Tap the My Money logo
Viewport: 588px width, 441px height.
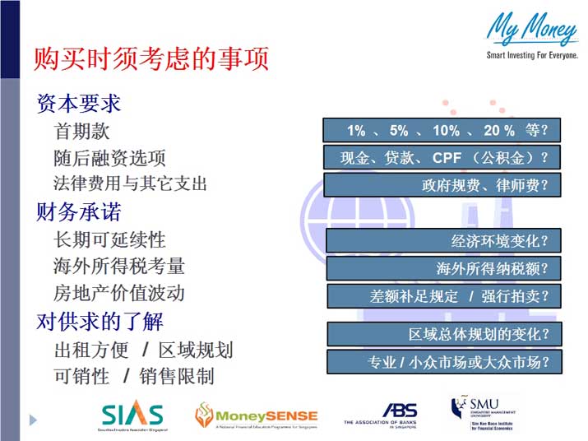tap(531, 36)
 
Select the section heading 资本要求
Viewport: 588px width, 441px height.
tap(79, 104)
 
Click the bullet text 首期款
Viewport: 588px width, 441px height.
tap(81, 131)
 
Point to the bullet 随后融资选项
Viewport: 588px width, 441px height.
tap(109, 157)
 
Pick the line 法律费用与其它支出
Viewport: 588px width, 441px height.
tap(130, 183)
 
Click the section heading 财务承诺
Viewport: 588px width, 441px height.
tap(79, 212)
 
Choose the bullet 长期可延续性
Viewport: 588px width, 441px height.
tap(109, 239)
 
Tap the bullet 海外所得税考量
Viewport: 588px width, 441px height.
tap(119, 266)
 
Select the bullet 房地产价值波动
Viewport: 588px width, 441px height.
tap(119, 293)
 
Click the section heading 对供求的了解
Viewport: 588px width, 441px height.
tap(100, 321)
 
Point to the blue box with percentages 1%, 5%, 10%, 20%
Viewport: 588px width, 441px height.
tap(442, 130)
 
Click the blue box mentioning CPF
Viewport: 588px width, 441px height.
tap(442, 157)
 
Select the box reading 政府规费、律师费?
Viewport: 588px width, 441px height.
tap(442, 185)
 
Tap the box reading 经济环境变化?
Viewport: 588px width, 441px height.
tap(443, 241)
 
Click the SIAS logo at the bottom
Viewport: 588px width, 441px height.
tap(132, 415)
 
